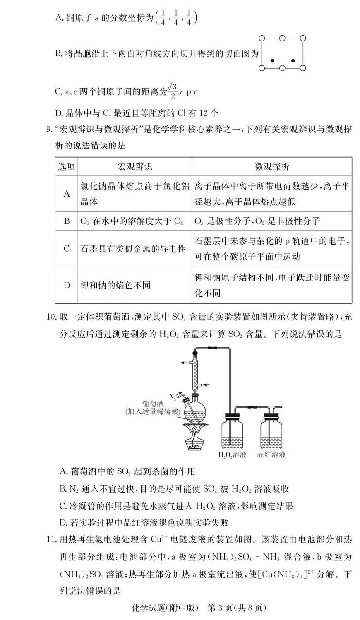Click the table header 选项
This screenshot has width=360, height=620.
pyautogui.click(x=67, y=166)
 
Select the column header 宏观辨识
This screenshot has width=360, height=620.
pyautogui.click(x=135, y=166)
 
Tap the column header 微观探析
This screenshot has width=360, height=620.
pyautogui.click(x=272, y=166)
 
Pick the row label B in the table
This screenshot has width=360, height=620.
pyautogui.click(x=67, y=221)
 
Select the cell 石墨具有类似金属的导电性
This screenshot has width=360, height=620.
pyautogui.click(x=133, y=249)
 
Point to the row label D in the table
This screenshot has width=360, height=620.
pyautogui.click(x=67, y=286)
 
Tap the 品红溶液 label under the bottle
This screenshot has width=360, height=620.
pyautogui.click(x=271, y=455)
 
